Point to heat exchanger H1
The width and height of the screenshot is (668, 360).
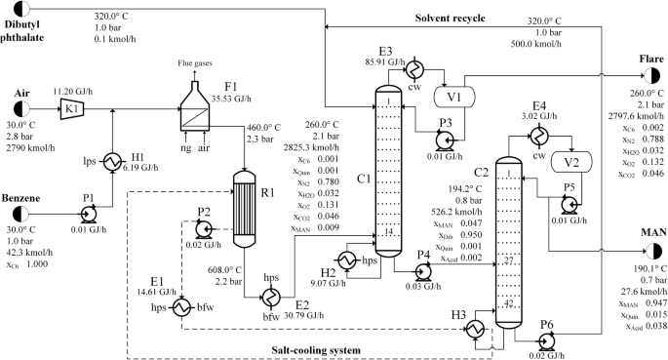pyautogui.click(x=113, y=157)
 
